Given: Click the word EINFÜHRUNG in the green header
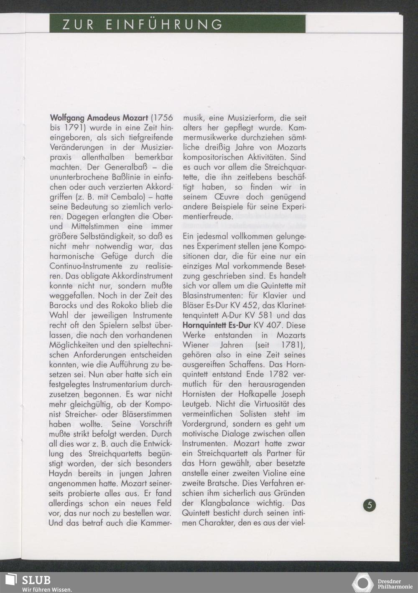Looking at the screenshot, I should [x=164, y=25].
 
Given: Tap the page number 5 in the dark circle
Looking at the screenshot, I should [x=370, y=505].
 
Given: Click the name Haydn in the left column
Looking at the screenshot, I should [x=62, y=473].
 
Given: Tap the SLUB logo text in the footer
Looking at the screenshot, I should [x=36, y=580].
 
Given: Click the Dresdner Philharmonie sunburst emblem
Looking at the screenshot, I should [x=362, y=582].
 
